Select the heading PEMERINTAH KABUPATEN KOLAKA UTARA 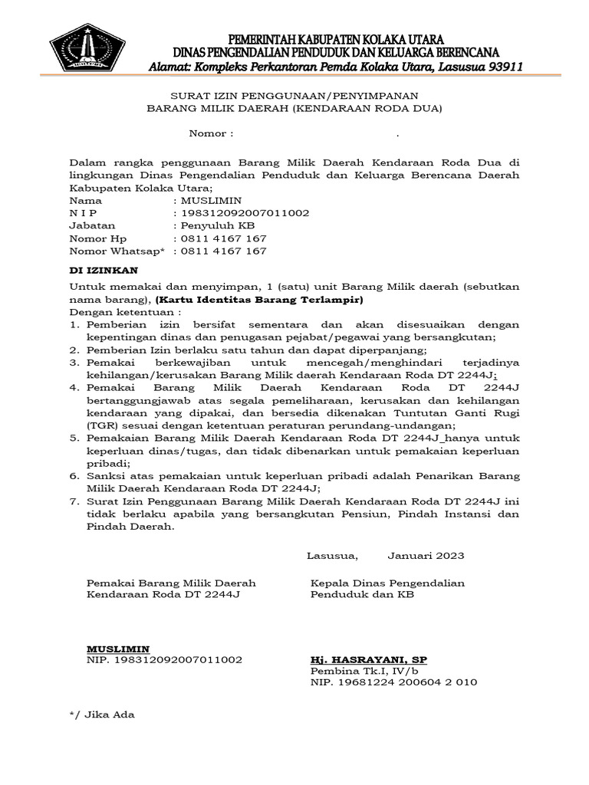point(337,39)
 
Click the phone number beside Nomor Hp point(223,239)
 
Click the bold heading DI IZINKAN point(104,271)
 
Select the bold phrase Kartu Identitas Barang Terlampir point(259,299)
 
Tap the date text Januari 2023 point(426,555)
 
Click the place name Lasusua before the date point(332,555)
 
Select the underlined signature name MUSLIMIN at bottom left point(117,648)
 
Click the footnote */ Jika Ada point(102,714)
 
